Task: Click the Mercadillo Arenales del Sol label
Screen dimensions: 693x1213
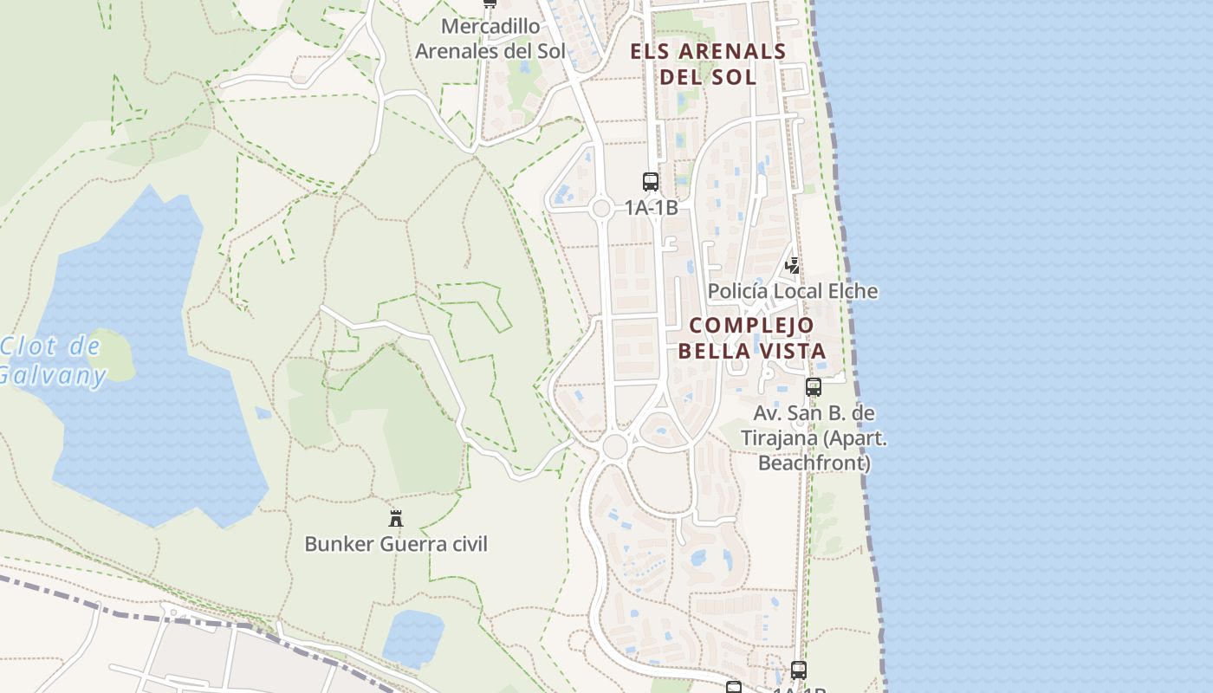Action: coord(490,39)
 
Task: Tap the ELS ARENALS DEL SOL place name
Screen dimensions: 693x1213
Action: coord(708,63)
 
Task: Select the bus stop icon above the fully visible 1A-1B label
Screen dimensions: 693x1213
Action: coord(651,182)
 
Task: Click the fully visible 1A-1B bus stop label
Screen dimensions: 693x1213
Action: coord(651,208)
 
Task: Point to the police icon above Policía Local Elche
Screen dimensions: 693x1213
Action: coord(792,265)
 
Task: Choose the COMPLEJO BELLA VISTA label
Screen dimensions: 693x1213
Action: coord(752,338)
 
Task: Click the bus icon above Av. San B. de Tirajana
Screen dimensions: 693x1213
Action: coord(813,387)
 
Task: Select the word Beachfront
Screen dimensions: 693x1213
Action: coord(814,463)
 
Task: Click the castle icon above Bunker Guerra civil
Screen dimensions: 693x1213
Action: coord(396,518)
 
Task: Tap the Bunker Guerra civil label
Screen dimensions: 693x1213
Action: coord(396,544)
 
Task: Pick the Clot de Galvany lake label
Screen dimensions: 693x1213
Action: coord(52,360)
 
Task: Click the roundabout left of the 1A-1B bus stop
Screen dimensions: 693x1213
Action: coord(601,208)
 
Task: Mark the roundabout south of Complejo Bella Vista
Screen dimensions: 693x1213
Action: coord(614,447)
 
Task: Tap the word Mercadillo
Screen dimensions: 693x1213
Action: coord(490,27)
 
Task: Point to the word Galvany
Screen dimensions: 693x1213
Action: coord(52,376)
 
